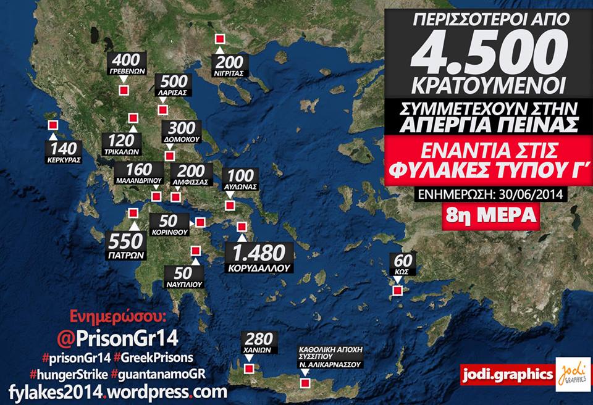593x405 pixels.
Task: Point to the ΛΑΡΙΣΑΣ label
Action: [x=173, y=92]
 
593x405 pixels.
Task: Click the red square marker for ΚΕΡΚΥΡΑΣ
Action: [x=52, y=125]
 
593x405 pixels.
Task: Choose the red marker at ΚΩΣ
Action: [x=399, y=290]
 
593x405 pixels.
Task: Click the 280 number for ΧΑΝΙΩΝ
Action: [x=259, y=339]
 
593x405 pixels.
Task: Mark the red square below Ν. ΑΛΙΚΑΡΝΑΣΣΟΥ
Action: [x=304, y=383]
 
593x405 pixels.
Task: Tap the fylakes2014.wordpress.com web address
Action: [x=117, y=391]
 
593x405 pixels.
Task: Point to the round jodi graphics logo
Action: [x=571, y=374]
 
